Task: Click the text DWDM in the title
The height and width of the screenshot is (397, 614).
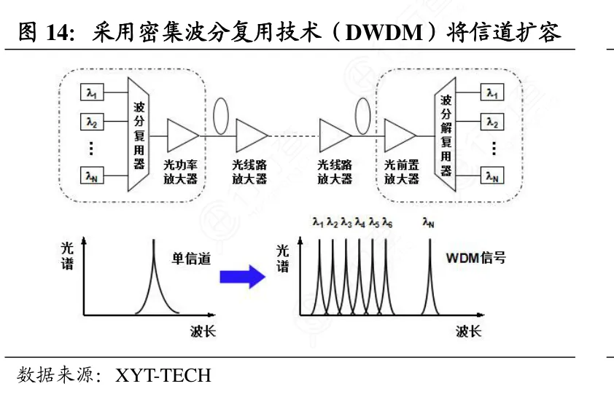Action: point(384,33)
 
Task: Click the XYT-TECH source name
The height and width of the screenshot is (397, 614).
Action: point(163,375)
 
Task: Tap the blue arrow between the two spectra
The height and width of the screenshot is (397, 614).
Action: point(243,277)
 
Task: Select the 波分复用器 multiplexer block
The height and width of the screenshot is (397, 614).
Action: point(139,135)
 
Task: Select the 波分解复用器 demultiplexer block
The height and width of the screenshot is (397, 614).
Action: point(446,135)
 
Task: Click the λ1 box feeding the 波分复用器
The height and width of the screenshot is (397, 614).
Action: point(92,93)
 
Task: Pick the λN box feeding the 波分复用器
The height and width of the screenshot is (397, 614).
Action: point(92,176)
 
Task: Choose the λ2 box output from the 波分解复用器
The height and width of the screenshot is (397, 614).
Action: point(492,122)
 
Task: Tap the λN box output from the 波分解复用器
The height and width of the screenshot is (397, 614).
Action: point(492,176)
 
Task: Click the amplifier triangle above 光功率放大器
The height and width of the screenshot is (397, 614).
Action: point(182,135)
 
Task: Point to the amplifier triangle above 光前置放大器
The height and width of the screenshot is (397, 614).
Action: point(399,135)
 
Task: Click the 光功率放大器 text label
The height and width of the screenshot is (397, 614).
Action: point(181,172)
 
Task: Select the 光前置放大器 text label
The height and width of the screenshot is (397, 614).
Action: point(402,172)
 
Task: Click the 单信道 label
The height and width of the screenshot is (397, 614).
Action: point(191,259)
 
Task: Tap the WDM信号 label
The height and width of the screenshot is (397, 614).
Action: point(475,258)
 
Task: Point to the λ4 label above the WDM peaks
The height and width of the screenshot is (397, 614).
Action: point(360,223)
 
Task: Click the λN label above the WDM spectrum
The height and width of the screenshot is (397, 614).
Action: point(428,223)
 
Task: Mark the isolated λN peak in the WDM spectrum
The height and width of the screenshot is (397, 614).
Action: point(430,274)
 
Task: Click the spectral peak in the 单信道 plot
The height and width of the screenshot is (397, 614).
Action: point(153,274)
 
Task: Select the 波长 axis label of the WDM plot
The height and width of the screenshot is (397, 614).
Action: point(468,331)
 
